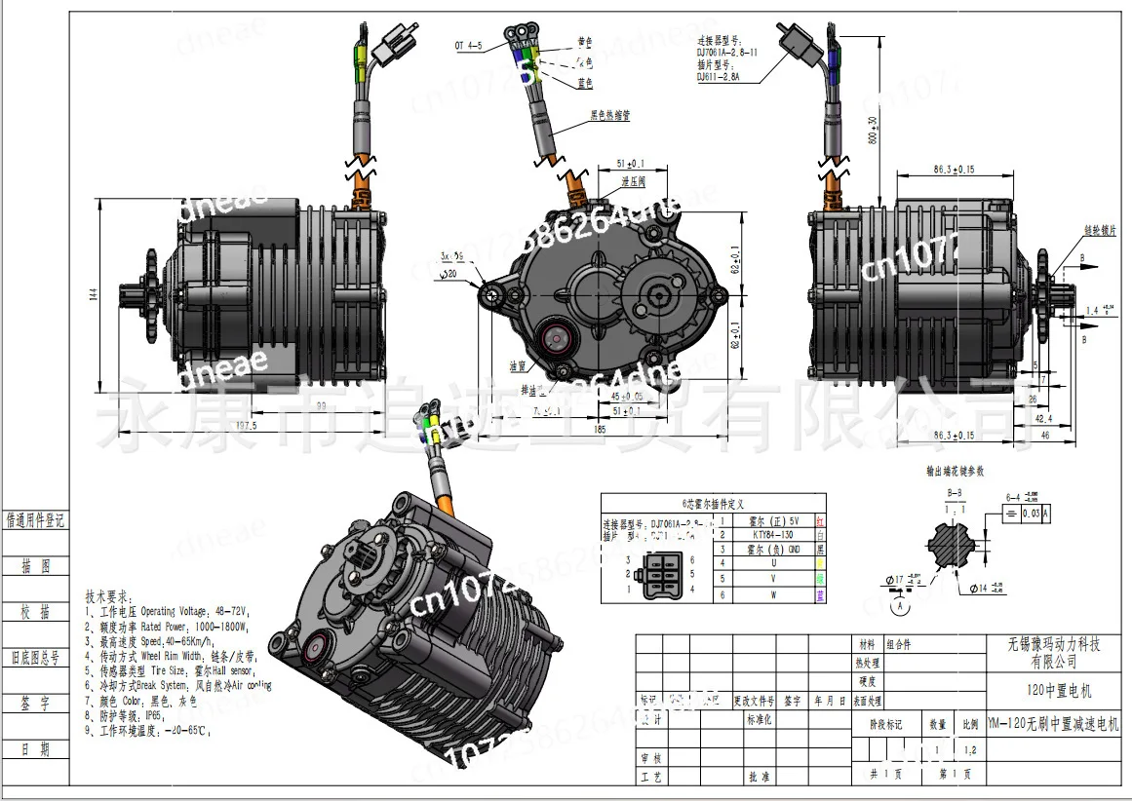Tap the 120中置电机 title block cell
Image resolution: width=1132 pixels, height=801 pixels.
[1059, 691]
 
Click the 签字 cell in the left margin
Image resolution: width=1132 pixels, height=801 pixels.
[35, 702]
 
